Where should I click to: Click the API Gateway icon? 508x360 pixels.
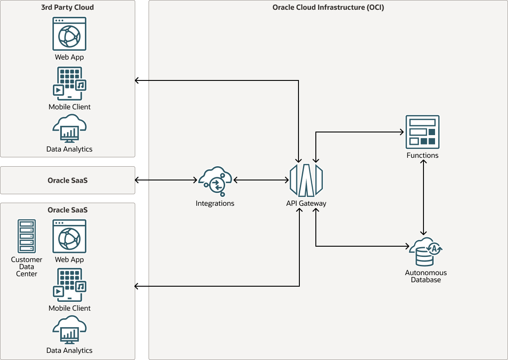(306, 180)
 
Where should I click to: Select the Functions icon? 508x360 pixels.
(422, 132)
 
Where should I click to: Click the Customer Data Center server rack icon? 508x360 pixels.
(27, 236)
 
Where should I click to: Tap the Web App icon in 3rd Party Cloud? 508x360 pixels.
(69, 34)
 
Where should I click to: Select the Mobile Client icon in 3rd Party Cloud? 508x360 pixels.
(69, 84)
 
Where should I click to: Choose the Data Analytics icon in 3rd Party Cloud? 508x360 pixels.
(69, 129)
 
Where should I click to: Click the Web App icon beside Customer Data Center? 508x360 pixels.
(69, 236)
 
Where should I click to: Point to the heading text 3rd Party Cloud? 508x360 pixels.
(68, 7)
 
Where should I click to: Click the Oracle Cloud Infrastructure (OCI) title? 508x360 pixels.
(328, 7)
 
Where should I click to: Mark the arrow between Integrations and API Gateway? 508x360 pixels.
(261, 180)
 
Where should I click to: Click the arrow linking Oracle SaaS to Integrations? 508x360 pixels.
(166, 180)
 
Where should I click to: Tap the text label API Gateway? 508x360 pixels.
(306, 204)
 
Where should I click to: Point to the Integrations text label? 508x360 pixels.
(215, 204)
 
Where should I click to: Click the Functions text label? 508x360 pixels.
(422, 156)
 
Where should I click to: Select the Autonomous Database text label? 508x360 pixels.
(426, 276)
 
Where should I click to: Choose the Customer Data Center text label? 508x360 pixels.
(27, 267)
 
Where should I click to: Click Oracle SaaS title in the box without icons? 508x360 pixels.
(68, 180)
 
